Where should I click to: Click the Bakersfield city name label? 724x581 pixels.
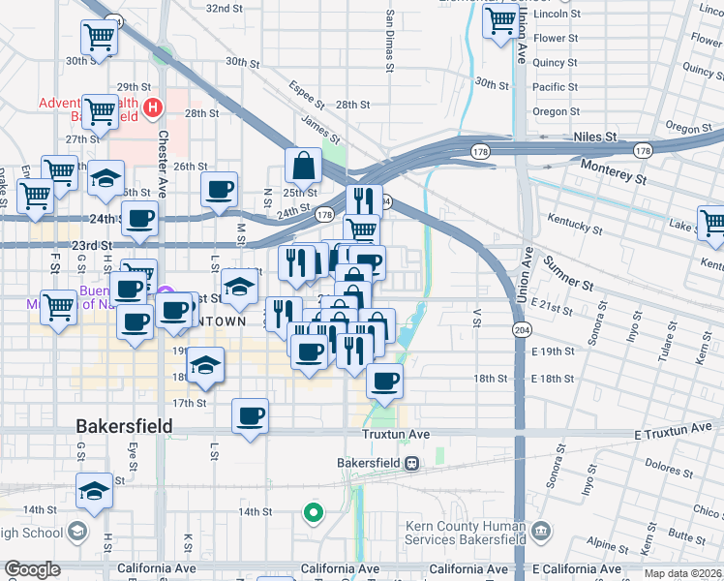125,426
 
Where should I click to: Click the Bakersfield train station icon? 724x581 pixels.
411,464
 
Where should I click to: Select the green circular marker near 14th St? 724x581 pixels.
313,512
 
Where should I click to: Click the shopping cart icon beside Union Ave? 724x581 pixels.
500,20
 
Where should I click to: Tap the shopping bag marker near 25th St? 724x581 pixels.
304,166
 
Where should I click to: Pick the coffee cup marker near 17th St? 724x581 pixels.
251,416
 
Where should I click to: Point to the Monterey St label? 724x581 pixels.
613,172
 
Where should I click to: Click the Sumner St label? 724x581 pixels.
567,273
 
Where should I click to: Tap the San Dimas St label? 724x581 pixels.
390,43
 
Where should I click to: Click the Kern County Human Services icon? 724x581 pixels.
541,531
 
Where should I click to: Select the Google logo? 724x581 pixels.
33,570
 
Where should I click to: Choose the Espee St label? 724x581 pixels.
306,95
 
